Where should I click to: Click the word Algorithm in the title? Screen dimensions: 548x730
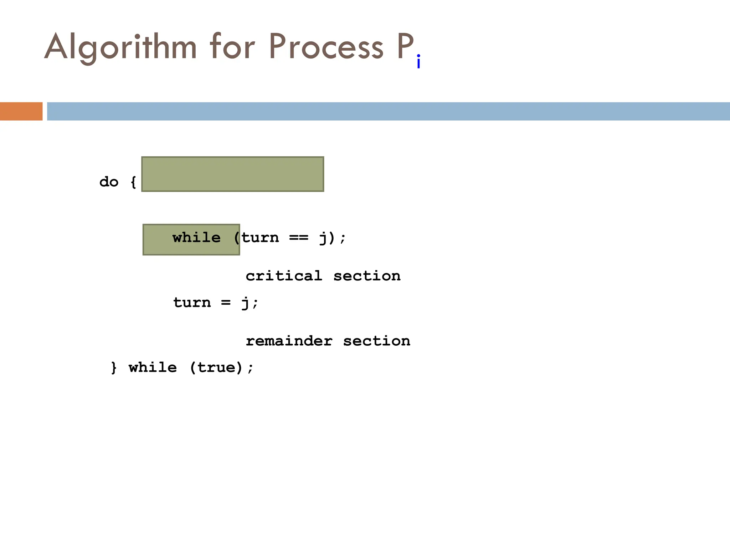tap(120, 47)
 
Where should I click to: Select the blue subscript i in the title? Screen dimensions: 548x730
tap(418, 62)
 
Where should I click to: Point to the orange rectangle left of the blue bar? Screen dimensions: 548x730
tap(21, 111)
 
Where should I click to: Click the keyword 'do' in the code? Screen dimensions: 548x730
tap(109, 182)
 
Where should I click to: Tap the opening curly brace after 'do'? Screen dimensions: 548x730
tap(133, 182)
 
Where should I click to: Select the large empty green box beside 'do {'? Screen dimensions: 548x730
tap(232, 174)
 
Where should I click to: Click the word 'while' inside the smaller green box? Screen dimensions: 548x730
tap(196, 238)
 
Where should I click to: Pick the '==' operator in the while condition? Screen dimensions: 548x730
tap(299, 238)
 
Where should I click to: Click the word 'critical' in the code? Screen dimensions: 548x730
tap(284, 276)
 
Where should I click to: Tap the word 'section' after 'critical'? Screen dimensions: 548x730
tap(367, 276)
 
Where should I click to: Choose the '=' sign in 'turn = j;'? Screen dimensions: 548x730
tap(226, 303)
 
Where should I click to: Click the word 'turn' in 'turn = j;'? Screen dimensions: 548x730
tap(192, 303)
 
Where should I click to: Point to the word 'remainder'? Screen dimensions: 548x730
tap(289, 341)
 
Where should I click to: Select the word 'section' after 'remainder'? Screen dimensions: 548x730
tap(376, 341)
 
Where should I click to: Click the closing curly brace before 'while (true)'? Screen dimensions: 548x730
tap(114, 368)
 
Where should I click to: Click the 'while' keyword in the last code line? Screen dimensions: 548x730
tap(153, 368)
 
